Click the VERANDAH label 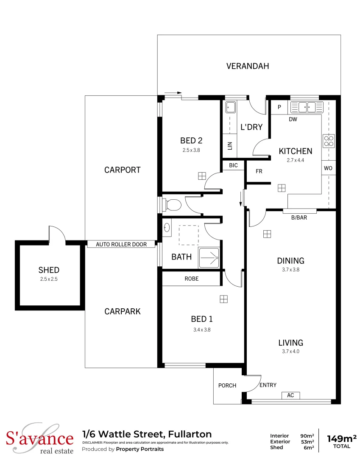pos(247,66)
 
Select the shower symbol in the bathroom pos(209,257)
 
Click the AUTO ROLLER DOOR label pos(121,244)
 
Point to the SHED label pos(49,270)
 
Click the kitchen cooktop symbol pos(329,140)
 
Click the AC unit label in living pos(290,395)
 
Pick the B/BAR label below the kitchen pos(299,218)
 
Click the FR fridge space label pos(258,172)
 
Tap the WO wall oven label pos(328,168)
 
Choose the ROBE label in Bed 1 pos(191,279)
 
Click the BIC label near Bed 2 pos(233,165)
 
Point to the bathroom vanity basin pos(167,228)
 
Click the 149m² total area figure pos(342,438)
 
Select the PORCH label pos(227,385)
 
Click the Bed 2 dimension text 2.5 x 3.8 pos(191,150)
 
